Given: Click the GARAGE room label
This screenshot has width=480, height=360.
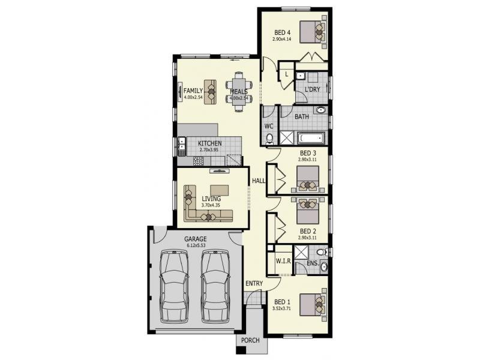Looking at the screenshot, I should [196, 238].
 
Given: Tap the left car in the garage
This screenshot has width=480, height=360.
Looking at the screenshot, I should [175, 287].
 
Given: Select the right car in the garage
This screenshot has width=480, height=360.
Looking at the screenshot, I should [215, 287].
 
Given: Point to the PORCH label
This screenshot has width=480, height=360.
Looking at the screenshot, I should [250, 341].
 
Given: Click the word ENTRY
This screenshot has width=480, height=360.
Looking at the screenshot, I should [254, 283].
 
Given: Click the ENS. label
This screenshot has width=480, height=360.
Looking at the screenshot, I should [311, 262].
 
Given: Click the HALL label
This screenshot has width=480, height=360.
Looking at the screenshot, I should [259, 181].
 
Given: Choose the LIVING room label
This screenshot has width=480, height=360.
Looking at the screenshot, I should [211, 199].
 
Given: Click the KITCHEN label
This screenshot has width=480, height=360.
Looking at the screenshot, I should [210, 143].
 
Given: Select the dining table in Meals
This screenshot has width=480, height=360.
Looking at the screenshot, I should [239, 92].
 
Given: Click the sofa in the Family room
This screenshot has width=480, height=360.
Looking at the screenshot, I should [211, 92].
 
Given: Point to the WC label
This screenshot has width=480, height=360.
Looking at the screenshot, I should [269, 126].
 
